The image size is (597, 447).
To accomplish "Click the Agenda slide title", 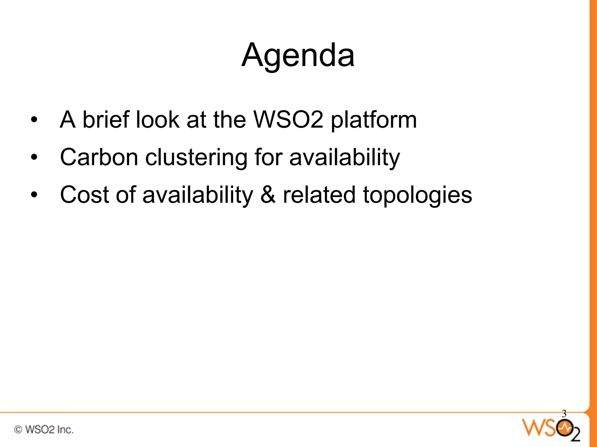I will [x=298, y=55].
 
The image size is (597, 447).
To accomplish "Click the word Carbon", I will [x=99, y=157].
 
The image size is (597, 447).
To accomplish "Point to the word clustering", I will [x=196, y=158].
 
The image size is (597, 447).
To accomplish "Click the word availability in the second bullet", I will [x=345, y=158].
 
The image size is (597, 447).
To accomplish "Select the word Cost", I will [x=84, y=195].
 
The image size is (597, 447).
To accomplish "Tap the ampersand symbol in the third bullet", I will [x=268, y=195].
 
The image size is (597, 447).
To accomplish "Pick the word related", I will [x=319, y=195].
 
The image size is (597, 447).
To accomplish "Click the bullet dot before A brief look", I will [x=34, y=120].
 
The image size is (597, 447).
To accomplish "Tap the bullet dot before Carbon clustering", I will [x=34, y=157].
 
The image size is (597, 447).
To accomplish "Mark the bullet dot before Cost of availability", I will [x=34, y=195].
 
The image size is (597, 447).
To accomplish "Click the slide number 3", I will [x=564, y=414].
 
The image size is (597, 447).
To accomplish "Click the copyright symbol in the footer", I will [x=18, y=430].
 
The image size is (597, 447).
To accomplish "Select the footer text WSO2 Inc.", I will [x=49, y=430].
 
